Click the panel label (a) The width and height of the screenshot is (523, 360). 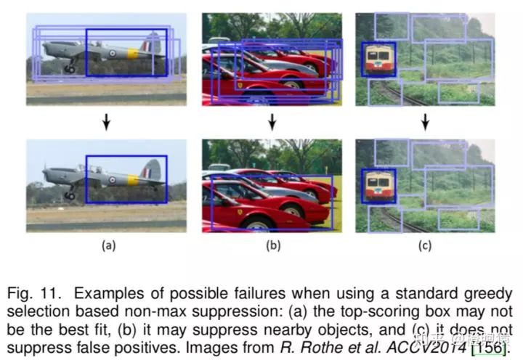(x=108, y=245)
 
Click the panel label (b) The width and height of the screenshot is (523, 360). (x=272, y=245)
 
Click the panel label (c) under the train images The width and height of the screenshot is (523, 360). (x=425, y=245)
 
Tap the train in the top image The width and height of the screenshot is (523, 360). (x=379, y=59)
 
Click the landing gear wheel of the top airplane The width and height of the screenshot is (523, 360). (x=70, y=70)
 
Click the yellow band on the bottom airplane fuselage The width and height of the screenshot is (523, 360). (x=133, y=179)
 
